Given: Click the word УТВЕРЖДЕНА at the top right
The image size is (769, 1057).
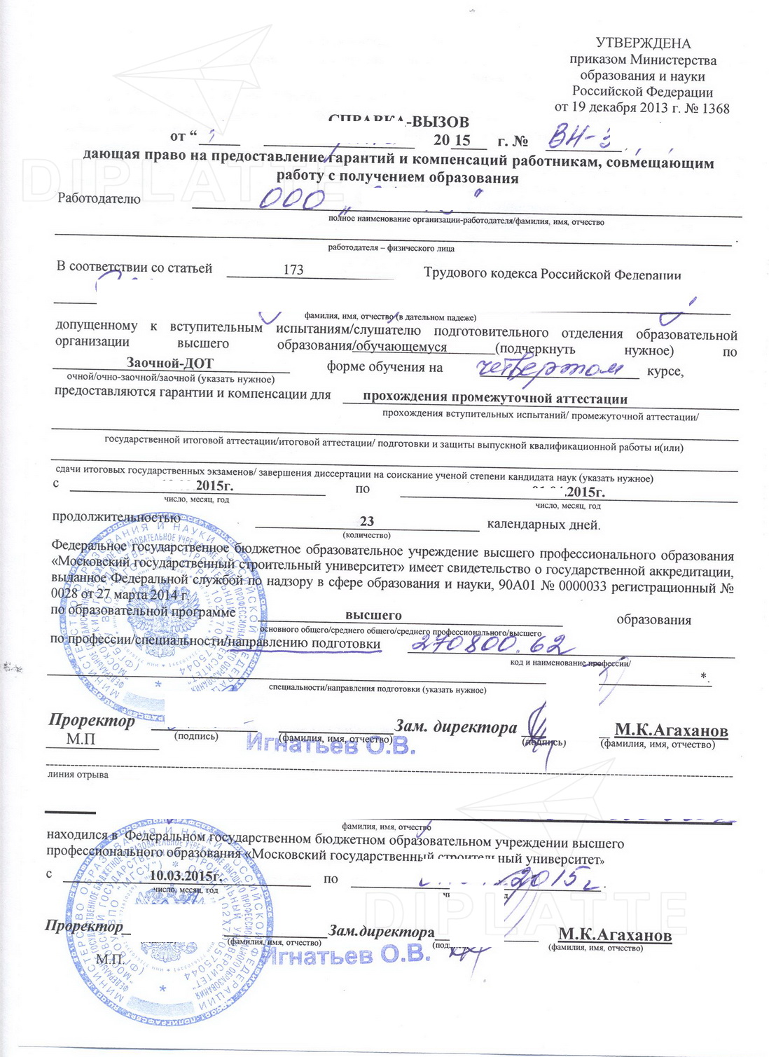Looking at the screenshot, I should click(x=643, y=43).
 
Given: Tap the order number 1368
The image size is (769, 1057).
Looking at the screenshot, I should click(x=715, y=109).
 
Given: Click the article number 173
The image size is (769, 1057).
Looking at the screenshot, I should click(x=293, y=270).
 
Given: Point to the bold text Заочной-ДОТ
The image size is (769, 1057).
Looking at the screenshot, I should click(x=169, y=363).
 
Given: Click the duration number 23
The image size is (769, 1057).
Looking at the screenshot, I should click(x=367, y=521).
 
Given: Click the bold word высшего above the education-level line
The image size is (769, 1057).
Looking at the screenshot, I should click(x=373, y=615).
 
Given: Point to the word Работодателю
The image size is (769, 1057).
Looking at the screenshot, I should click(x=99, y=199).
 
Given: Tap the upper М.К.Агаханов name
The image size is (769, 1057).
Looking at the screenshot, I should click(x=671, y=731).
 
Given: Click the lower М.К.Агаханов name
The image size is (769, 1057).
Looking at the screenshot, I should click(x=614, y=935).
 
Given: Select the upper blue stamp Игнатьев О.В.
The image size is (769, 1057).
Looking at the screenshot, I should click(x=331, y=746).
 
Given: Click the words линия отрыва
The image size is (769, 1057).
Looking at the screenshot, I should click(x=78, y=775).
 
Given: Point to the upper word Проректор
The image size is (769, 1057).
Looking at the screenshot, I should click(x=92, y=721).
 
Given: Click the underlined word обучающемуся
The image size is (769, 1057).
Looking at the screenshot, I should click(x=401, y=347).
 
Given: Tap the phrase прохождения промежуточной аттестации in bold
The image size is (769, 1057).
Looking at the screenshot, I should click(x=494, y=399).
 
